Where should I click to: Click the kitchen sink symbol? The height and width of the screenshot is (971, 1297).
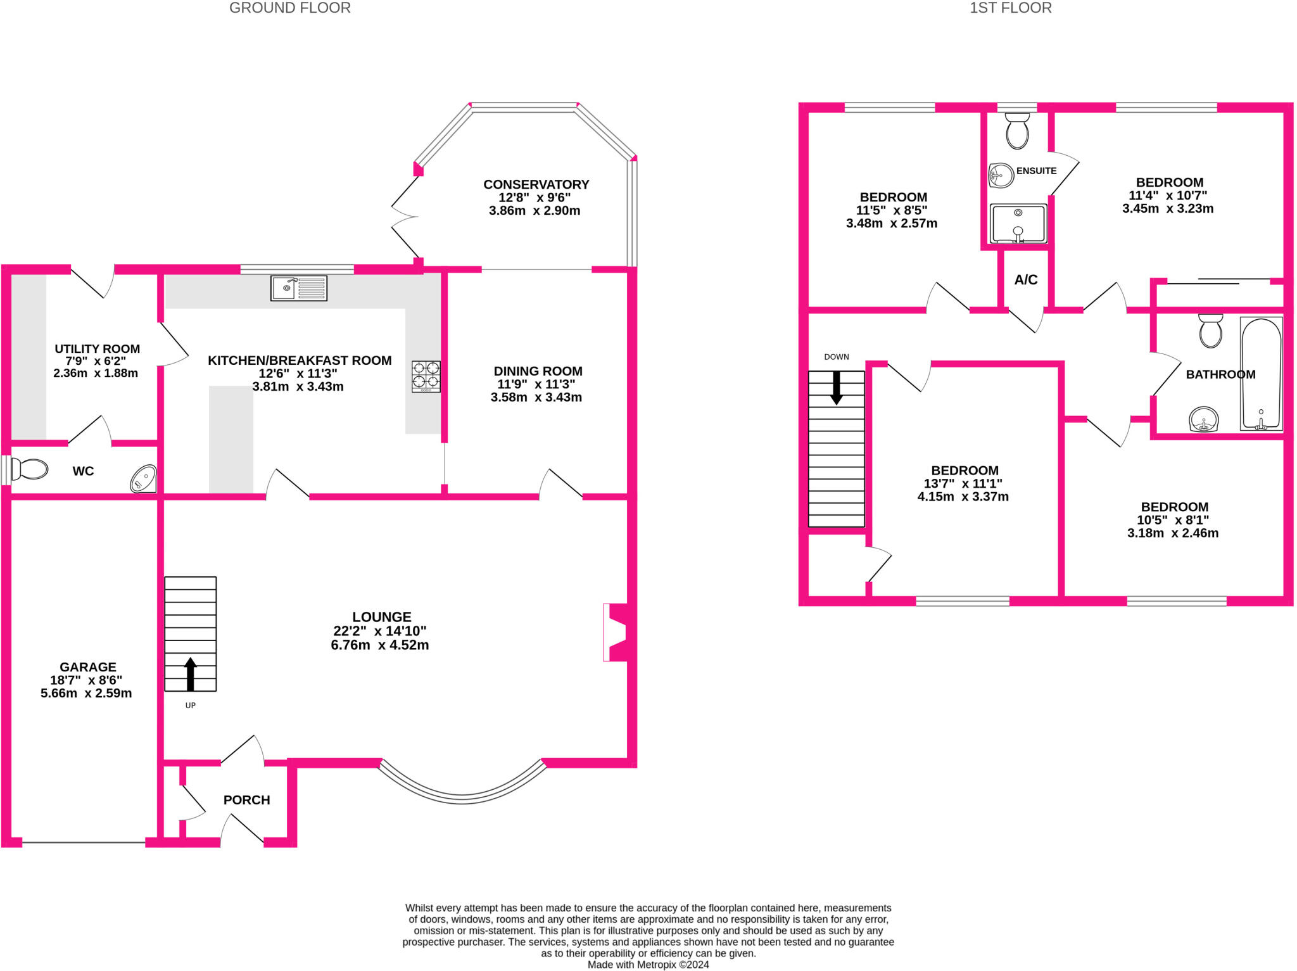(298, 288)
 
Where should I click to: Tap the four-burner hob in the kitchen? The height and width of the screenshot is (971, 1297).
(426, 376)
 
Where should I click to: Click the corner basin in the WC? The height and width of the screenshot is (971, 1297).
(144, 479)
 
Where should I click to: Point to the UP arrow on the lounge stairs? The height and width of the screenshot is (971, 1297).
(190, 673)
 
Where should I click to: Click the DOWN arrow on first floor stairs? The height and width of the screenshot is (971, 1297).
(836, 388)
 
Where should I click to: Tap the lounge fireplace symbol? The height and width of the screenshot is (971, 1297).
(616, 632)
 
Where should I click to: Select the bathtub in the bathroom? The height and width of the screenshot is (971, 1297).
(1261, 374)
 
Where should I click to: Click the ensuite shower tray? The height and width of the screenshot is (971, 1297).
(1018, 224)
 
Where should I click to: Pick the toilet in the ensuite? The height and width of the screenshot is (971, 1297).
(1017, 130)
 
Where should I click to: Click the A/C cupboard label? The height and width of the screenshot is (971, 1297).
(1025, 280)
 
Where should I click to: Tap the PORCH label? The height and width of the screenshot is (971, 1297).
(246, 800)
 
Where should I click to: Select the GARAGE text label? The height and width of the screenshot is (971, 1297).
(88, 667)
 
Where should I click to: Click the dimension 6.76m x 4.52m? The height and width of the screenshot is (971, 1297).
(379, 645)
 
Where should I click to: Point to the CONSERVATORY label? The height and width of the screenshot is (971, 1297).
(536, 184)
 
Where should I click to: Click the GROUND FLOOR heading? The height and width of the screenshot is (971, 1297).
(289, 8)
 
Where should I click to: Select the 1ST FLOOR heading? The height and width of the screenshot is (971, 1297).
(1010, 8)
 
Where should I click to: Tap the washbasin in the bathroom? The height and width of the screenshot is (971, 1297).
(1203, 419)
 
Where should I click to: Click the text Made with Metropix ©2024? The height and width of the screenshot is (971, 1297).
(648, 965)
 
